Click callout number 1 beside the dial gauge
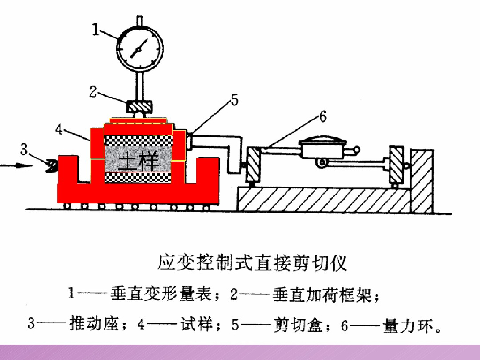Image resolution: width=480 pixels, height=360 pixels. [96, 30]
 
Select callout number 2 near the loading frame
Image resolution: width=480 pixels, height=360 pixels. [93, 92]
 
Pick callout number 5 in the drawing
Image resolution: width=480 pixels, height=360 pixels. [234, 100]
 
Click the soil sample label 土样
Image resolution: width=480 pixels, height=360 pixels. [139, 162]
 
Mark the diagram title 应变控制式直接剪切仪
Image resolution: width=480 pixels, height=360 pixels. [252, 263]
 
